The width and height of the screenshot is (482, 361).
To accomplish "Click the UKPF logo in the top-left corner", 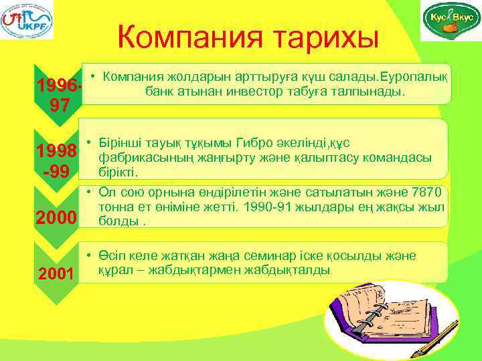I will [27, 20].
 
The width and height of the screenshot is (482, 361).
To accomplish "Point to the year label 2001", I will [56, 273].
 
